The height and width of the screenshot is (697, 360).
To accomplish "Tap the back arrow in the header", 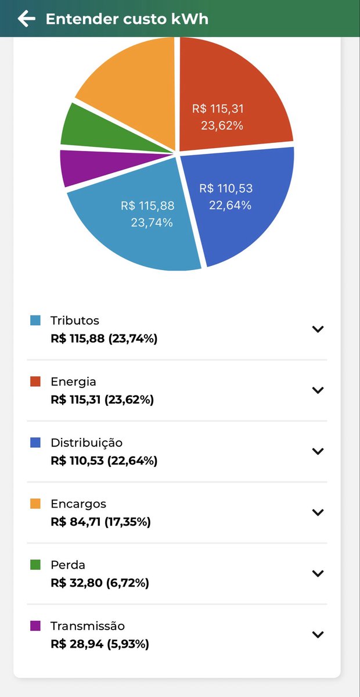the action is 27,19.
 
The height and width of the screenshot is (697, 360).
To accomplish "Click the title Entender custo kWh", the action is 127,19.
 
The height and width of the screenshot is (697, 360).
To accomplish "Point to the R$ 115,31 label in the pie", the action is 218,109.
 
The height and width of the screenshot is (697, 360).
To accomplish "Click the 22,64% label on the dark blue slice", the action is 230,206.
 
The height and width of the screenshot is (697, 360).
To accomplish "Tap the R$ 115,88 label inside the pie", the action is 147,206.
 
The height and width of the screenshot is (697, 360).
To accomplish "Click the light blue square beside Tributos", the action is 35,320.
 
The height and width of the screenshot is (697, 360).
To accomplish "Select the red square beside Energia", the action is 35,381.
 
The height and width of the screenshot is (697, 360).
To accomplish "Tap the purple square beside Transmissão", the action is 35,626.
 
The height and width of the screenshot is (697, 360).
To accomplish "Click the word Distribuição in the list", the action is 87,443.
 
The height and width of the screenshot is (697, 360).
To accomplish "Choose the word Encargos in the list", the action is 78,504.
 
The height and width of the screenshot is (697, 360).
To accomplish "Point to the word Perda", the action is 68,565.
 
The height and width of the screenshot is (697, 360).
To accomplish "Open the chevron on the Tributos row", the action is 318,329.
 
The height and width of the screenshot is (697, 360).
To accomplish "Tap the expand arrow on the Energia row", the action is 318,390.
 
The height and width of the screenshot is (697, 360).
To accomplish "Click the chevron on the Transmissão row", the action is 318,634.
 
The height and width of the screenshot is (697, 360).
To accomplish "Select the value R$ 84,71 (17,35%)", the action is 101,522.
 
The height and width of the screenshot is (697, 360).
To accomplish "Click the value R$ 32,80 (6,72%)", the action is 100,583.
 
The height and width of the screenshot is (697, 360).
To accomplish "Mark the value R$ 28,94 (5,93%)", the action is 100,644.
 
